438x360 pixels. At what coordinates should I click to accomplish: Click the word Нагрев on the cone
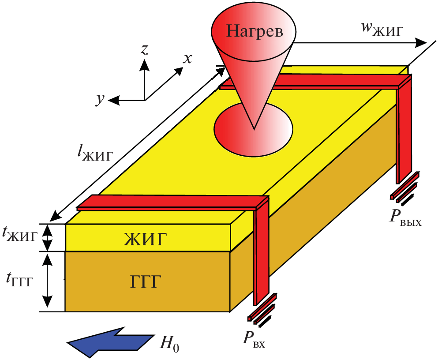(x=254, y=31)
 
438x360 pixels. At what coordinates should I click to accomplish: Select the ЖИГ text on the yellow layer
(x=146, y=240)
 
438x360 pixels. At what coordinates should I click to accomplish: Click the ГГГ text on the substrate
(x=146, y=281)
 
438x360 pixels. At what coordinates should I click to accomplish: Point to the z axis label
(x=144, y=50)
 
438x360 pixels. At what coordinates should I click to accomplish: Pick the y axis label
(x=101, y=99)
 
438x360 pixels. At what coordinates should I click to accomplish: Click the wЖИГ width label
(x=381, y=30)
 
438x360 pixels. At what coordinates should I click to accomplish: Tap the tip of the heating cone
(x=254, y=129)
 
